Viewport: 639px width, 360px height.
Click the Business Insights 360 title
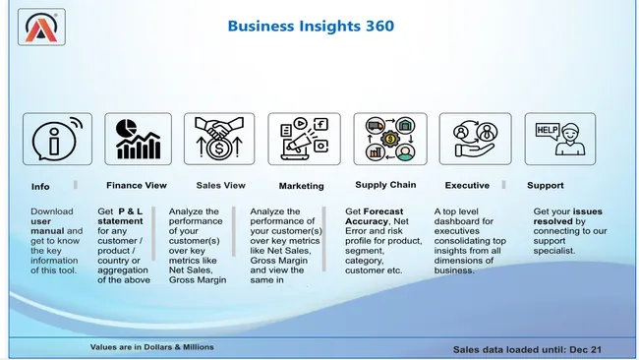[x=311, y=26]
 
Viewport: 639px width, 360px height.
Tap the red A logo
[x=34, y=27]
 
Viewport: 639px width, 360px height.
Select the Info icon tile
[x=57, y=139]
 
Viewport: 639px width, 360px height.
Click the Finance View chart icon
[x=138, y=139]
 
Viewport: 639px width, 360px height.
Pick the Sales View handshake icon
[x=220, y=139]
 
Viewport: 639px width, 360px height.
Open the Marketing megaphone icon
[x=302, y=139]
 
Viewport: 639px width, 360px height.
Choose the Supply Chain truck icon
[x=390, y=139]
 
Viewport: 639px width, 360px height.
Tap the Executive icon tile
[x=475, y=139]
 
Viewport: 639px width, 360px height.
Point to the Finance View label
[x=136, y=185]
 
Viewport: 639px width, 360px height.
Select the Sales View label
[x=220, y=185]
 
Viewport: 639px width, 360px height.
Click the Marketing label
[x=301, y=185]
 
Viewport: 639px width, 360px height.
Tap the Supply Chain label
[x=385, y=184]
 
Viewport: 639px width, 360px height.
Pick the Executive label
[x=467, y=185]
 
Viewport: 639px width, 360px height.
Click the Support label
[x=545, y=185]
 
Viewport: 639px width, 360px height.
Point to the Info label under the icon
[x=40, y=186]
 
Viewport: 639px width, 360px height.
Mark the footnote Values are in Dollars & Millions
[x=151, y=347]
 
